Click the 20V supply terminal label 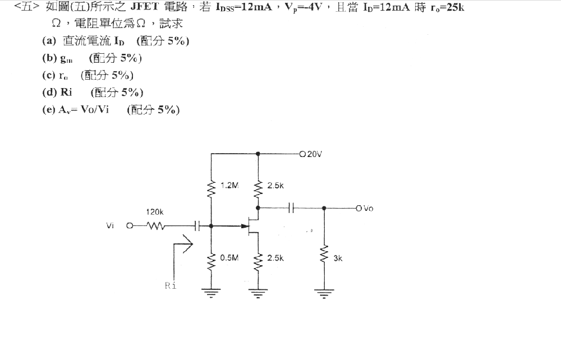click(314, 154)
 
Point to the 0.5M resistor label click(229, 258)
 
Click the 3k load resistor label click(338, 259)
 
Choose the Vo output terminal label click(368, 209)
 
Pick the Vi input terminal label click(110, 226)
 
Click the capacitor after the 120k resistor click(197, 226)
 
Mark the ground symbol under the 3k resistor click(324, 292)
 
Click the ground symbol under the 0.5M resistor click(211, 292)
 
